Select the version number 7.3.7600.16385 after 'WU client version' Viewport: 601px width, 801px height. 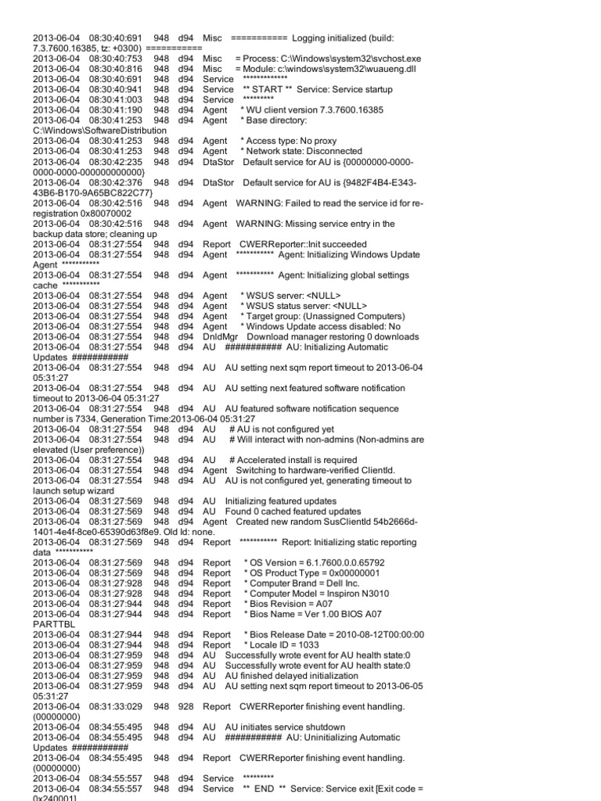356,110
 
